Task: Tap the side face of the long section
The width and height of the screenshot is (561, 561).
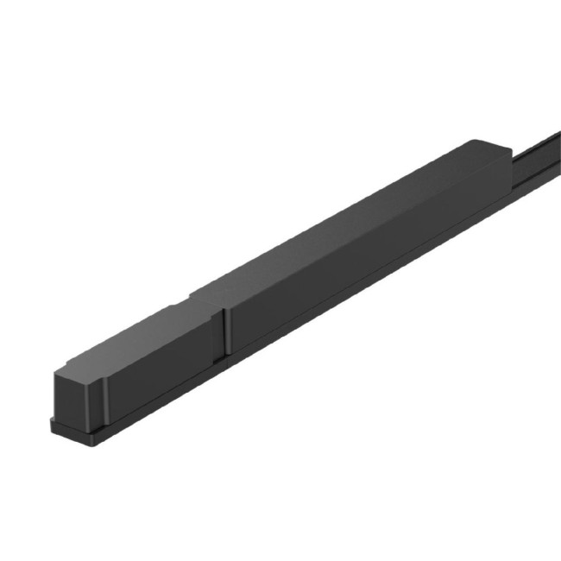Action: tap(362, 259)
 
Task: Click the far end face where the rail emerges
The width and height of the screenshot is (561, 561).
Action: tap(509, 164)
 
